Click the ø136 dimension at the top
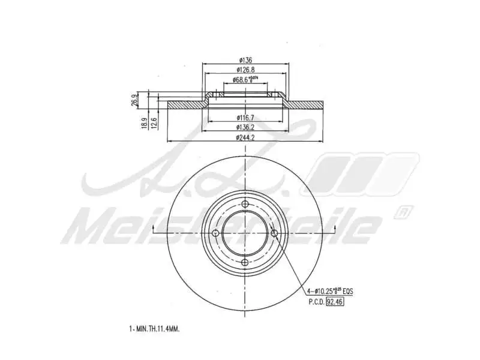[x=245, y=60]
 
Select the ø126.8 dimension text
[x=245, y=70]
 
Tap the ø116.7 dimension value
[x=245, y=117]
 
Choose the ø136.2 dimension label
[x=245, y=127]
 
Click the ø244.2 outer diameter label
[x=245, y=138]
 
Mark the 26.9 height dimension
[x=134, y=100]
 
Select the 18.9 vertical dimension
[x=144, y=123]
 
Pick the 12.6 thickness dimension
[x=154, y=123]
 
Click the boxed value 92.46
[x=335, y=302]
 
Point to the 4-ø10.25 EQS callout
[x=329, y=291]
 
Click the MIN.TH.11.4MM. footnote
[x=155, y=329]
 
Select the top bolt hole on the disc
[x=245, y=205]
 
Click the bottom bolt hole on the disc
[x=245, y=263]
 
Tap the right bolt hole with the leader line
[x=274, y=234]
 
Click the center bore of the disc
[x=245, y=234]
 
